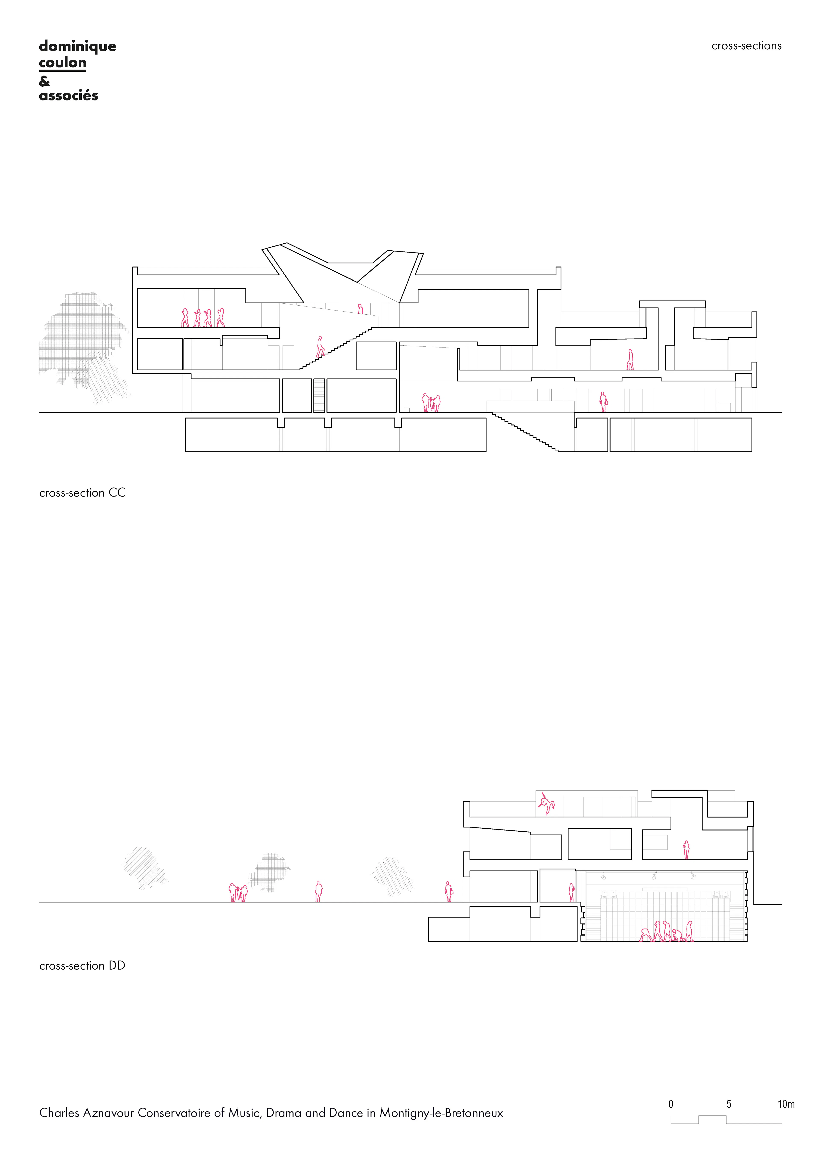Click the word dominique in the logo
click(77, 47)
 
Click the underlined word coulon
click(63, 63)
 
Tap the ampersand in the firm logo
click(44, 81)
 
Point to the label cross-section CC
click(83, 493)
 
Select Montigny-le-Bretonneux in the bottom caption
click(441, 1113)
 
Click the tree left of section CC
click(84, 344)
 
